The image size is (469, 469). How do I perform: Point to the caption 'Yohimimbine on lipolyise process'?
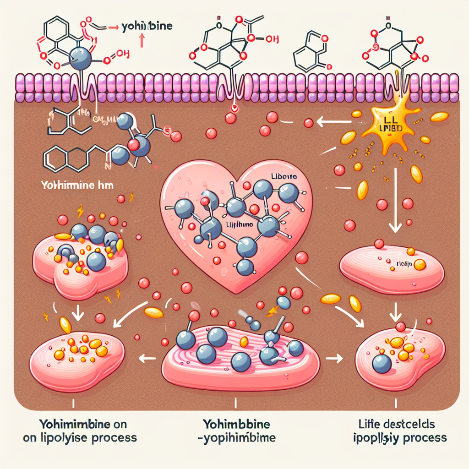coord(80,431)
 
